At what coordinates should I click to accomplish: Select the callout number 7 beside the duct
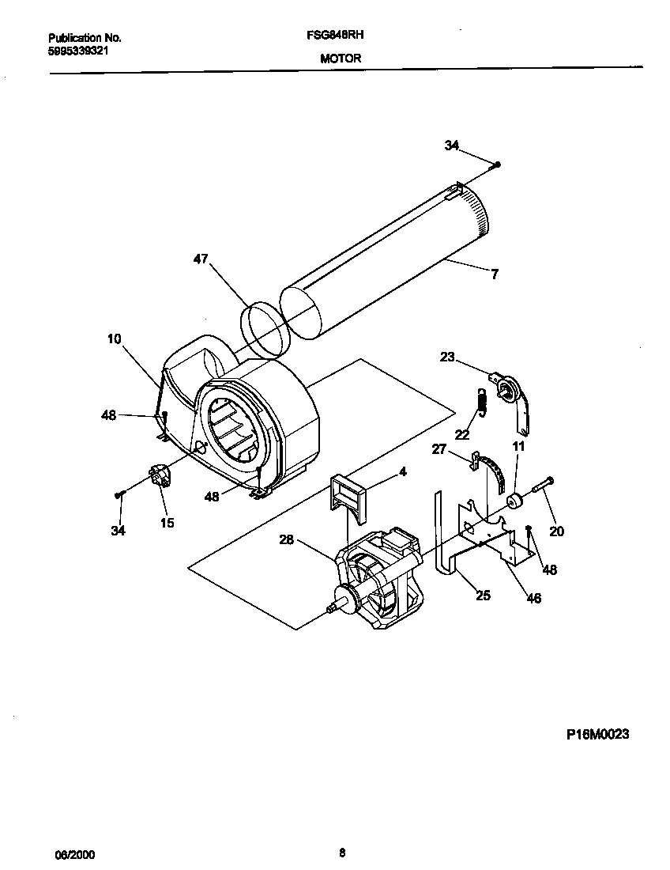pyautogui.click(x=494, y=274)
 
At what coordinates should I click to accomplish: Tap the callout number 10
pyautogui.click(x=115, y=339)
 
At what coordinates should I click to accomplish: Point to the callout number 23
pyautogui.click(x=448, y=357)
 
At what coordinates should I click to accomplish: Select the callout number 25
pyautogui.click(x=483, y=596)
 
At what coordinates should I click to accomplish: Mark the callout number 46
pyautogui.click(x=534, y=599)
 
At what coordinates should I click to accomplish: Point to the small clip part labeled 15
pyautogui.click(x=161, y=478)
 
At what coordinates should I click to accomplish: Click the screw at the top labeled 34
pyautogui.click(x=497, y=165)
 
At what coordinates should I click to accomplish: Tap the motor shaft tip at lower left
pyautogui.click(x=329, y=607)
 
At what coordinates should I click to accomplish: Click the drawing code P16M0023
pyautogui.click(x=597, y=734)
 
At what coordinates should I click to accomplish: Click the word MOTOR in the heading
pyautogui.click(x=341, y=59)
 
